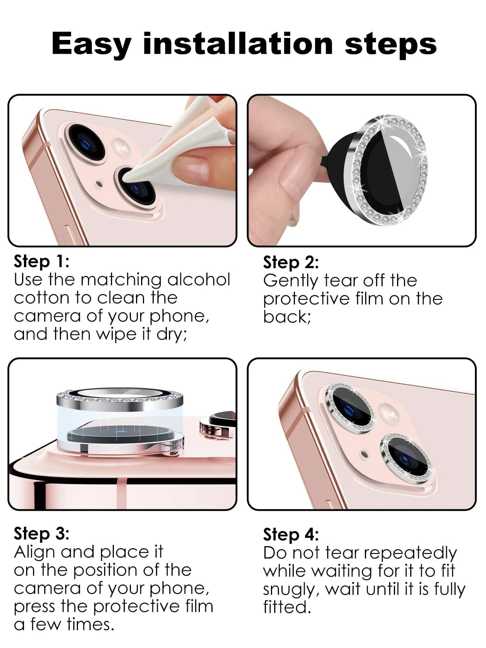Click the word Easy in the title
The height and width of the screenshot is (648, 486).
coord(91,44)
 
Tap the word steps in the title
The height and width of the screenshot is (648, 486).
coord(391,43)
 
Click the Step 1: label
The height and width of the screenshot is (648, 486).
coord(41,262)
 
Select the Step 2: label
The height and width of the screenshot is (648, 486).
coord(291,262)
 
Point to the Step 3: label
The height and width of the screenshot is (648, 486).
coord(41,534)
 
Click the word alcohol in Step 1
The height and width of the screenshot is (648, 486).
coord(199,280)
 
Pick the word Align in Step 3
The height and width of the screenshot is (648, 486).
coord(35,553)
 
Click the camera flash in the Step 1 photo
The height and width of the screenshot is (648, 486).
coord(122,147)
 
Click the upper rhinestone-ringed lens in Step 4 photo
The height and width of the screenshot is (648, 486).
coord(350,407)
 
